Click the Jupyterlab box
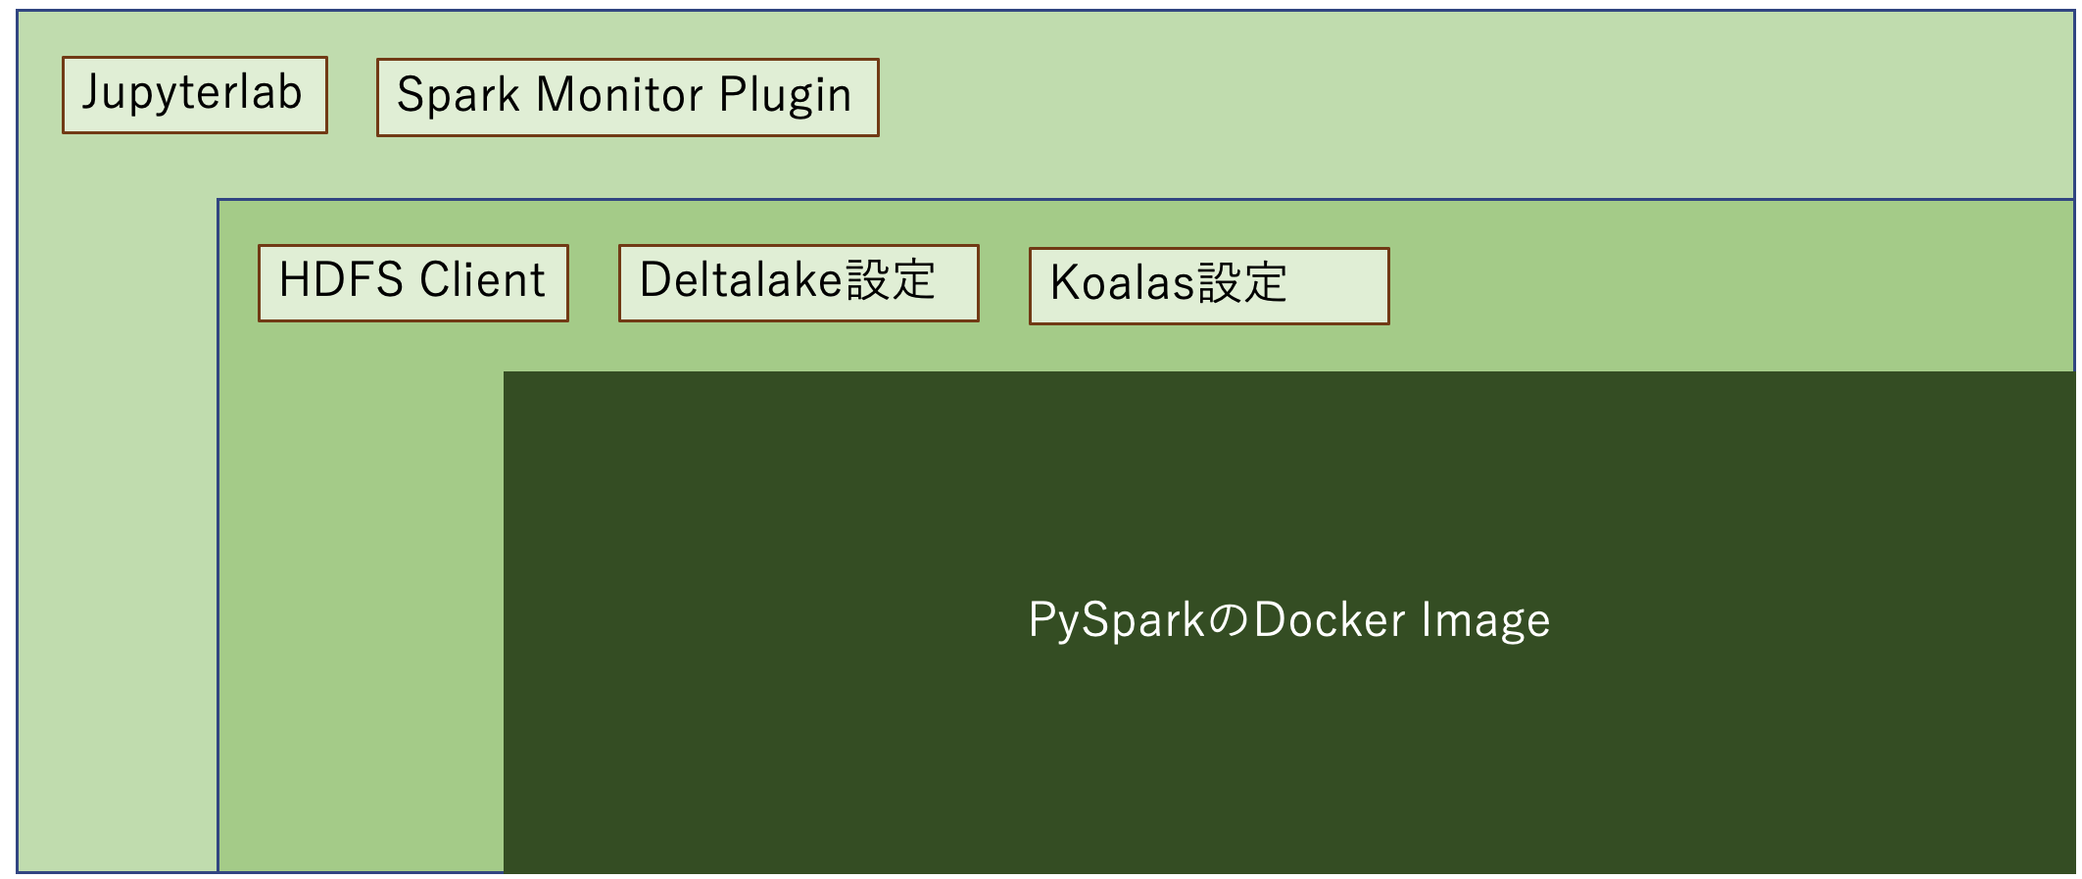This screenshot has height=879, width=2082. pos(195,95)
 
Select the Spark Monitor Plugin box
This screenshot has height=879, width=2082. pos(628,97)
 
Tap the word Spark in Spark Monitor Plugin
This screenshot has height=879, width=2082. pos(458,96)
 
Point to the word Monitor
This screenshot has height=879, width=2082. pos(619,95)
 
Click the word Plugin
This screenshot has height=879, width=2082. pos(786,97)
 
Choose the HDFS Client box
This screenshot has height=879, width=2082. pos(413,283)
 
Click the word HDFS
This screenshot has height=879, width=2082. pos(341,279)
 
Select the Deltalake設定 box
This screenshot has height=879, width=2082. pos(799,283)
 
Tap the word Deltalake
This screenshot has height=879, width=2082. pos(741,280)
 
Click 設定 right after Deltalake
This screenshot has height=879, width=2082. pos(891,280)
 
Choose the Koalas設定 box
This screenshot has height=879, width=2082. pos(1209,286)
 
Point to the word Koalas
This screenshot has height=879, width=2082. pos(1123,283)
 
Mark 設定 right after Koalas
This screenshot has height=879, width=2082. pos(1242,283)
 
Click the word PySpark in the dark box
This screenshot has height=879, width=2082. pos(1117,621)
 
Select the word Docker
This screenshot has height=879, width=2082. pos(1330,620)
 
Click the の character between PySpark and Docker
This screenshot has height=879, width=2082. pos(1230,621)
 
